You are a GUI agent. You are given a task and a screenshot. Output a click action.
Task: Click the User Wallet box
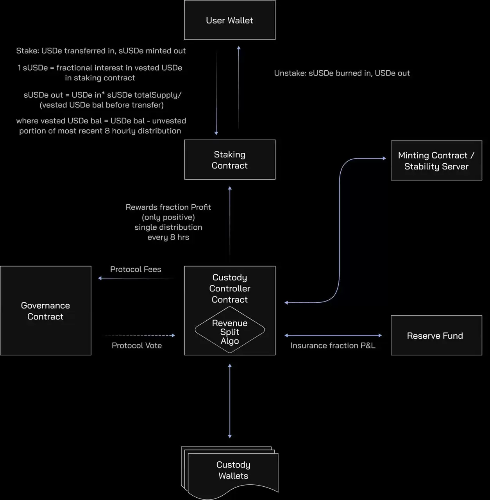[229, 20]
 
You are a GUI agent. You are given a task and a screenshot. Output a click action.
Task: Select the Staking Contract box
[229, 160]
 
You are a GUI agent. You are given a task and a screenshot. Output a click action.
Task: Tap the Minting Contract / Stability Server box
[436, 161]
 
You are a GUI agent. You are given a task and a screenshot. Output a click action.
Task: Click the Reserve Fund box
[436, 335]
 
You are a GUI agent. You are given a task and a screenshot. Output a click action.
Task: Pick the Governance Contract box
[46, 310]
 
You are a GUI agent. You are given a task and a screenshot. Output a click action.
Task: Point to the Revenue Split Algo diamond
[230, 330]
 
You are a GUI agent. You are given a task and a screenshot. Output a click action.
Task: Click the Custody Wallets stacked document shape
[230, 473]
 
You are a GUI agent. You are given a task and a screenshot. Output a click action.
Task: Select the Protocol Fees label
[136, 269]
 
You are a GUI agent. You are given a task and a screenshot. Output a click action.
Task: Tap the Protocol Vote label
[137, 345]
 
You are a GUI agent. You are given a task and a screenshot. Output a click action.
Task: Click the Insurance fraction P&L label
[333, 345]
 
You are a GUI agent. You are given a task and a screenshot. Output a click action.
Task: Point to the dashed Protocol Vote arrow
[140, 335]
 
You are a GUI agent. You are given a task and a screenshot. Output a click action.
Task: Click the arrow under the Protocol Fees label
[136, 278]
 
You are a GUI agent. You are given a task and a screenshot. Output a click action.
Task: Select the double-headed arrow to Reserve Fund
[333, 335]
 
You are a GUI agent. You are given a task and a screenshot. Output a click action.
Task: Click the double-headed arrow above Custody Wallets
[230, 401]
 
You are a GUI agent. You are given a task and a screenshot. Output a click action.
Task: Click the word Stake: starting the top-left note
[28, 51]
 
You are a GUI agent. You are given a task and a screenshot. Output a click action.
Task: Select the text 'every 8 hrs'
[168, 237]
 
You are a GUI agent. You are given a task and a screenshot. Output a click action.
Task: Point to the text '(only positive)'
[168, 217]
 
